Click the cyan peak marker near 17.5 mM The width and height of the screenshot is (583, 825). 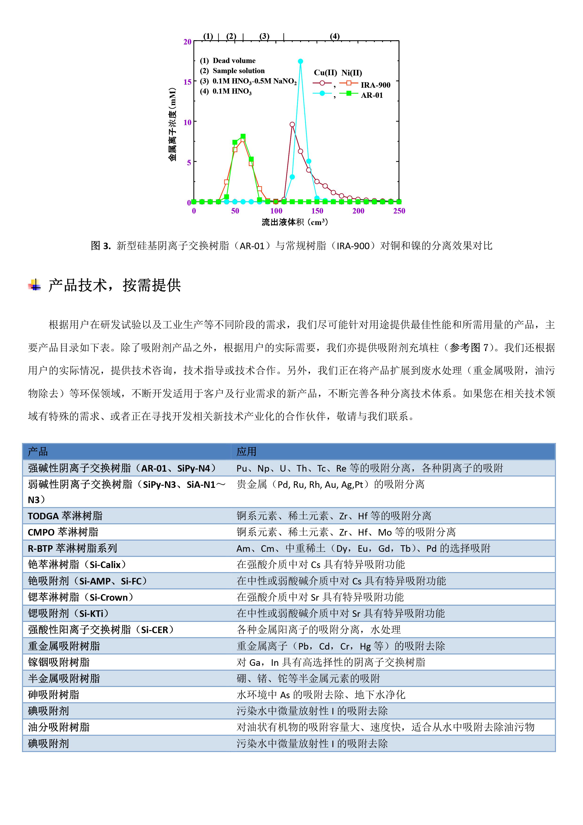point(300,61)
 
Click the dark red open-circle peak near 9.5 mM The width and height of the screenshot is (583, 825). point(292,125)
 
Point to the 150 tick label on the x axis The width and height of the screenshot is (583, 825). point(317,211)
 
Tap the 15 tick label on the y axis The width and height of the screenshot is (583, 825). point(188,82)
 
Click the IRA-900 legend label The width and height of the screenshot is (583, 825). point(375,85)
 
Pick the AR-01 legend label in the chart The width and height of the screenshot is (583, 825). point(372,95)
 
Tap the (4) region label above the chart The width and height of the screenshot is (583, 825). point(334,36)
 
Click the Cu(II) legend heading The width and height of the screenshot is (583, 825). point(325,73)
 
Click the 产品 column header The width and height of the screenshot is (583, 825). point(38,452)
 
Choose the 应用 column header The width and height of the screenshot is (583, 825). point(247,452)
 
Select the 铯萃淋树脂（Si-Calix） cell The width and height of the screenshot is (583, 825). point(77,564)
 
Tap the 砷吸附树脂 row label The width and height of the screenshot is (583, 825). point(54,695)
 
